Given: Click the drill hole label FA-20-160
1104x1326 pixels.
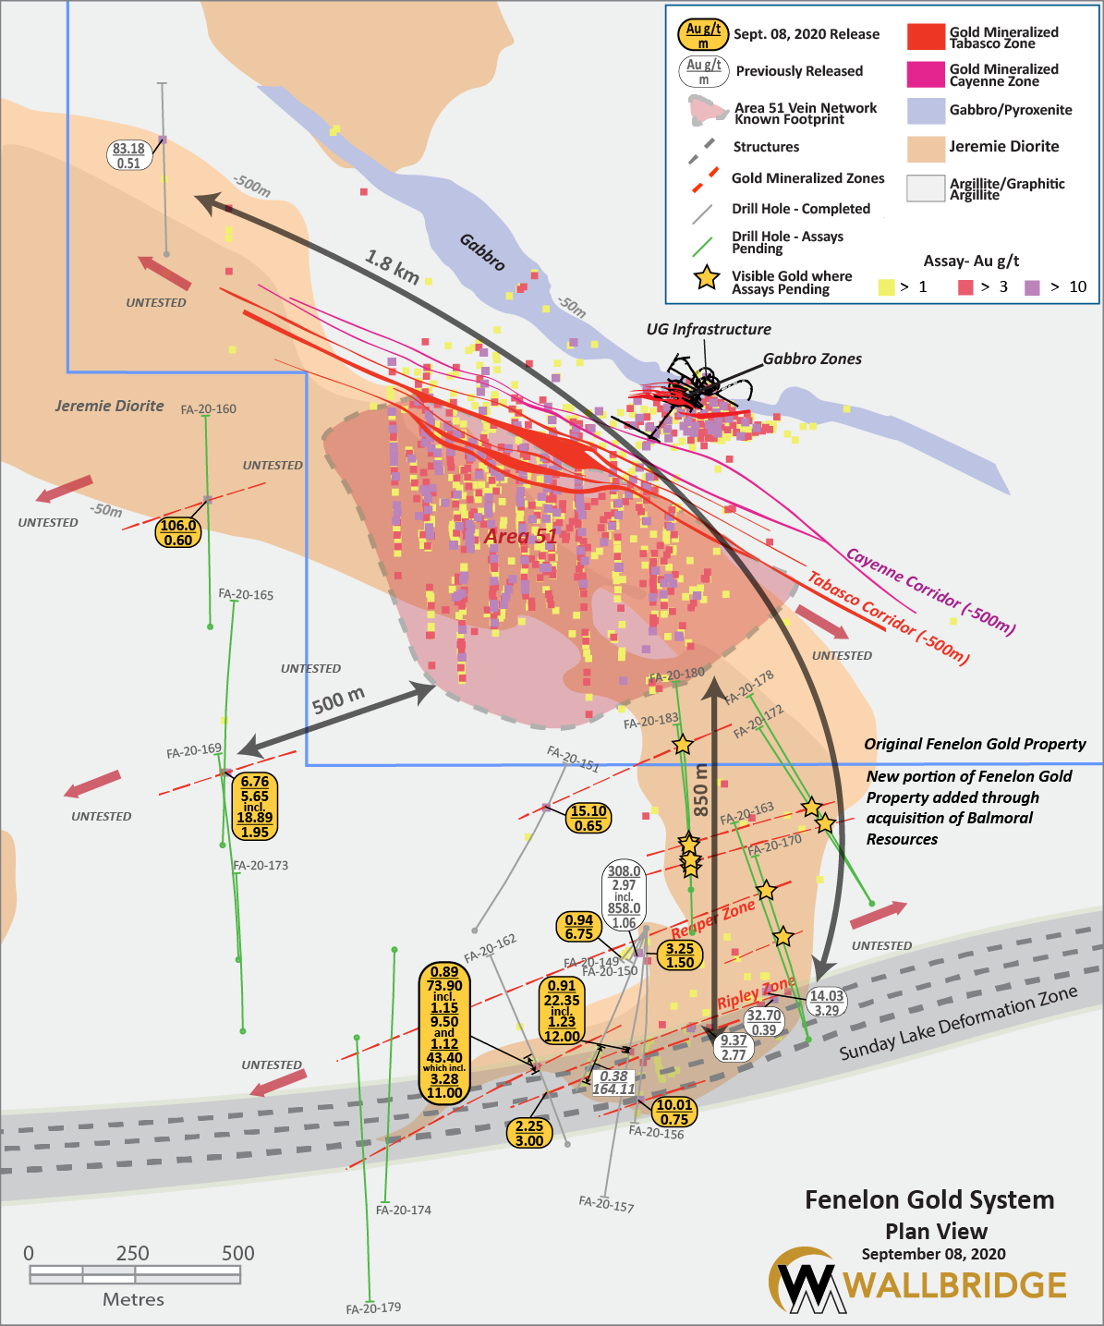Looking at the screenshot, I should (x=208, y=408).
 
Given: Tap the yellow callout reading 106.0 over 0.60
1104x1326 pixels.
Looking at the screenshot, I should (x=178, y=533).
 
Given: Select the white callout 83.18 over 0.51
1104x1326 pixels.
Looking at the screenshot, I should (x=128, y=156).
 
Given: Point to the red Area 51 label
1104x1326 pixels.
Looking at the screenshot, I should (x=520, y=537).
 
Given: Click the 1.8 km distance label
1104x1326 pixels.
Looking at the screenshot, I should (x=392, y=266).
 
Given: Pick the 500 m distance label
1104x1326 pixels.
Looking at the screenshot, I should (x=338, y=700).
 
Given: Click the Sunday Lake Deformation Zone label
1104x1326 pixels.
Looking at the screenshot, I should (x=958, y=1023).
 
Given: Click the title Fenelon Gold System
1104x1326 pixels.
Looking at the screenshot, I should (x=929, y=1200).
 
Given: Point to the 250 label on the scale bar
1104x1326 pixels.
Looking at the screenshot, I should (x=133, y=1254).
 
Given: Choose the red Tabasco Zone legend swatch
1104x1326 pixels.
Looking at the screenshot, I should (x=926, y=37).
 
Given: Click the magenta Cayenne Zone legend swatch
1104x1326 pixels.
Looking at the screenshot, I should (x=926, y=75).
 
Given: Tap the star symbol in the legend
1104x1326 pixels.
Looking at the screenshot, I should (x=707, y=277).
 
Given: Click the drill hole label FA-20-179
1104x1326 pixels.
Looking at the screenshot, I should (x=373, y=1308).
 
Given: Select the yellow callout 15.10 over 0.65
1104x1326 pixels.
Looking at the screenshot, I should (x=588, y=818).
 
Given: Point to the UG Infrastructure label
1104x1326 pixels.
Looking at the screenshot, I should (x=708, y=329).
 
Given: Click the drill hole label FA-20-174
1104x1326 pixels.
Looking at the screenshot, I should (x=404, y=1210).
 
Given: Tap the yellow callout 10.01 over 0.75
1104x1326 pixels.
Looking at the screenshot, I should (x=674, y=1112).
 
